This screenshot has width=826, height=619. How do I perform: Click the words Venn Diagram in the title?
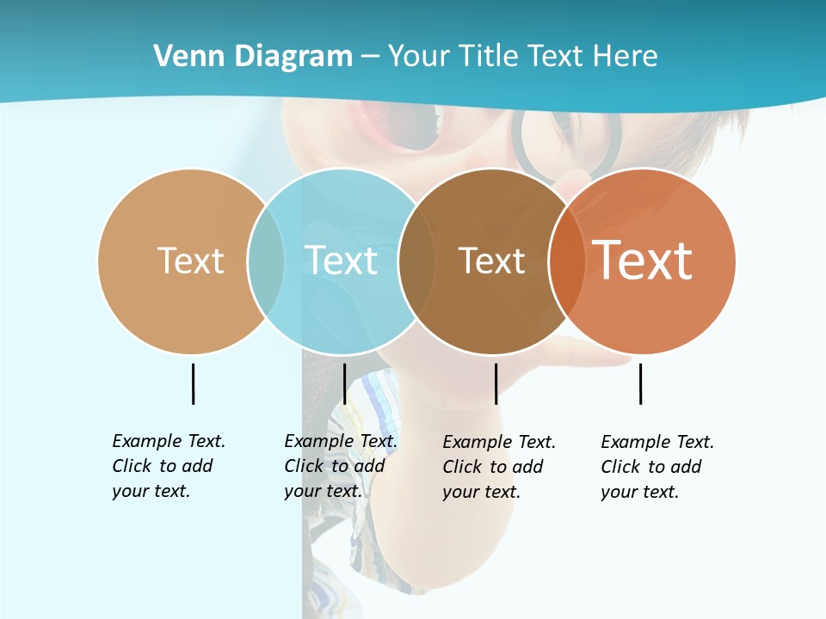(x=253, y=56)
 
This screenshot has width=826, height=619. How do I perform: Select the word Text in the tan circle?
(x=190, y=260)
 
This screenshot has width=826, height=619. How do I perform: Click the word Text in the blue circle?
(x=342, y=260)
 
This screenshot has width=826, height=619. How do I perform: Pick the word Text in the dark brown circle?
(x=491, y=261)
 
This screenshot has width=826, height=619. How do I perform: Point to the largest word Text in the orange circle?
(x=643, y=260)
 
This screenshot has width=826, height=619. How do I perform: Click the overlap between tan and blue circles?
(x=266, y=261)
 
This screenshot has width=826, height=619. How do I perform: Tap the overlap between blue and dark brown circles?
(x=416, y=261)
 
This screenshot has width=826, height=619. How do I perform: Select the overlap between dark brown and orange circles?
(x=566, y=261)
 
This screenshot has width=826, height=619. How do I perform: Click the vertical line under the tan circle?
(x=193, y=383)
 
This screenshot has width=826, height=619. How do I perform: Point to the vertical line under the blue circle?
(x=344, y=383)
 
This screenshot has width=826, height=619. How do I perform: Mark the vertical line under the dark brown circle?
(x=496, y=383)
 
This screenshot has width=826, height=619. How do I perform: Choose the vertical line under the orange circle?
(x=640, y=383)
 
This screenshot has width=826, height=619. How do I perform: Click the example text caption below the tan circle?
(x=168, y=466)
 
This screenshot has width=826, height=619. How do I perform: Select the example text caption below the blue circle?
(x=340, y=466)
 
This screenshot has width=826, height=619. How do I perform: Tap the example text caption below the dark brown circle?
(x=498, y=467)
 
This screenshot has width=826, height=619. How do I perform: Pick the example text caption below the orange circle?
(x=656, y=467)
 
